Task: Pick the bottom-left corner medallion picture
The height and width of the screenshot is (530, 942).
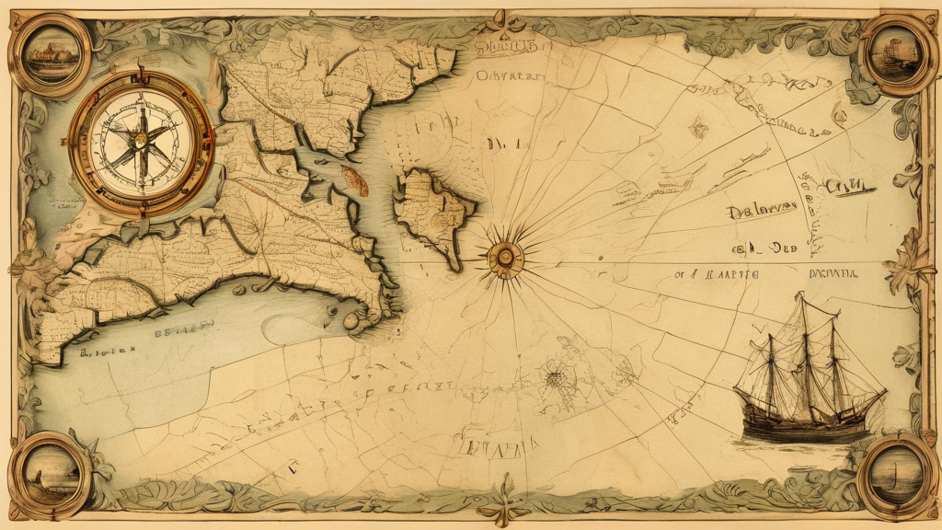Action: tap(47, 472)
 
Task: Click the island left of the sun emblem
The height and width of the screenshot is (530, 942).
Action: tap(432, 212)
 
